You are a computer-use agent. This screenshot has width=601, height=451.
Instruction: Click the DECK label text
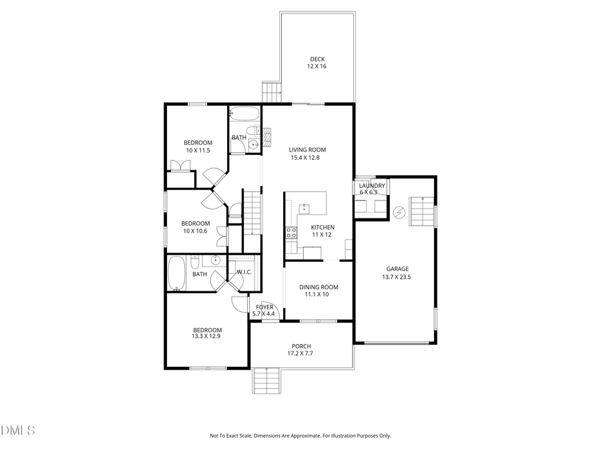(x=317, y=58)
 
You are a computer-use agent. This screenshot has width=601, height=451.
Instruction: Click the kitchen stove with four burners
(x=292, y=233)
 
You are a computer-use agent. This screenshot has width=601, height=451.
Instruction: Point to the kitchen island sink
(x=304, y=208)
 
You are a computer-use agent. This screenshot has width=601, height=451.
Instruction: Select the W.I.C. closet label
(x=244, y=272)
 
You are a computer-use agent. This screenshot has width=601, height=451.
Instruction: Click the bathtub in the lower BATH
(x=177, y=273)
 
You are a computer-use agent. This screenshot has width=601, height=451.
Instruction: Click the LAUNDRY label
(x=371, y=185)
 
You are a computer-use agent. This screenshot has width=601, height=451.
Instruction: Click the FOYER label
(x=264, y=307)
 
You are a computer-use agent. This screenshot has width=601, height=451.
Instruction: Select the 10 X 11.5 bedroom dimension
(x=198, y=150)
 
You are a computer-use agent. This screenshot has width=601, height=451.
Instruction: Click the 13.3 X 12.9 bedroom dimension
(x=207, y=337)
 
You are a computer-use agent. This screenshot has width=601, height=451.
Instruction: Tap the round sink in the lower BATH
(x=216, y=261)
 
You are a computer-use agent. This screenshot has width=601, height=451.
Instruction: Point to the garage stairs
(x=421, y=212)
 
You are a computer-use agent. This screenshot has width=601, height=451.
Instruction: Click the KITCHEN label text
(x=323, y=227)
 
